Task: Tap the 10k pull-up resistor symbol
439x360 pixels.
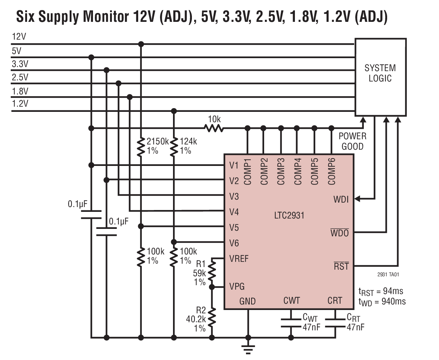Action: click(214, 128)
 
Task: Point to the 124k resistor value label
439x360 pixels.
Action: click(189, 141)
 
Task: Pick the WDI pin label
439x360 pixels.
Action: click(341, 200)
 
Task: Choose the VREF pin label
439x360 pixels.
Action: click(239, 259)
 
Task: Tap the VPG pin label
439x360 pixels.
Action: click(237, 287)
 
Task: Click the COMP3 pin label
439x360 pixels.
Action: click(281, 171)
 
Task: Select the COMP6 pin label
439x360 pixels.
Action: click(332, 171)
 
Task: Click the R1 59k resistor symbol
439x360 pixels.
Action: click(212, 271)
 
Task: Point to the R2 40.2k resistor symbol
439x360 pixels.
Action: click(212, 317)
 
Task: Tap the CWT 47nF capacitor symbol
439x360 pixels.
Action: click(291, 322)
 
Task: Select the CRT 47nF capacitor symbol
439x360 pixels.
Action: click(336, 322)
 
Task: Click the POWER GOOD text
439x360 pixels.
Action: click(352, 141)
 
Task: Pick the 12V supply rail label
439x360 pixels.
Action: click(19, 37)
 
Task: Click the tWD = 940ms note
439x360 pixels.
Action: click(382, 301)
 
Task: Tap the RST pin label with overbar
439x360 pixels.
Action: click(341, 266)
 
